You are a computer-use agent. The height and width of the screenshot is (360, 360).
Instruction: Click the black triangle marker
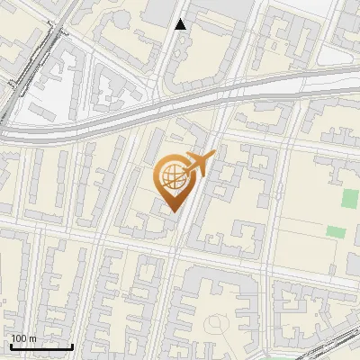coord(181,24)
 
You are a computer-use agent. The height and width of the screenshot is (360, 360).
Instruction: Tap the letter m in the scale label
coord(33,338)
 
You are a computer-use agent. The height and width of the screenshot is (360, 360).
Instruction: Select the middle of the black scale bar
coord(41,346)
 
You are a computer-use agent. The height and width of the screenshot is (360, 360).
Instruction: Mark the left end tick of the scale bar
coord(11,345)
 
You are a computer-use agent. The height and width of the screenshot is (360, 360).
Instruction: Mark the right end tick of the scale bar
coord(73,345)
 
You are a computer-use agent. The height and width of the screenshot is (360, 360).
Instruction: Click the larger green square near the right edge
coord(349,198)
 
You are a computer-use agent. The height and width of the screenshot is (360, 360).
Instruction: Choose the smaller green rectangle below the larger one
coord(335,231)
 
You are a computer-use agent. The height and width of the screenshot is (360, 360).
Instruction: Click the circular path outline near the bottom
coord(216,324)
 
